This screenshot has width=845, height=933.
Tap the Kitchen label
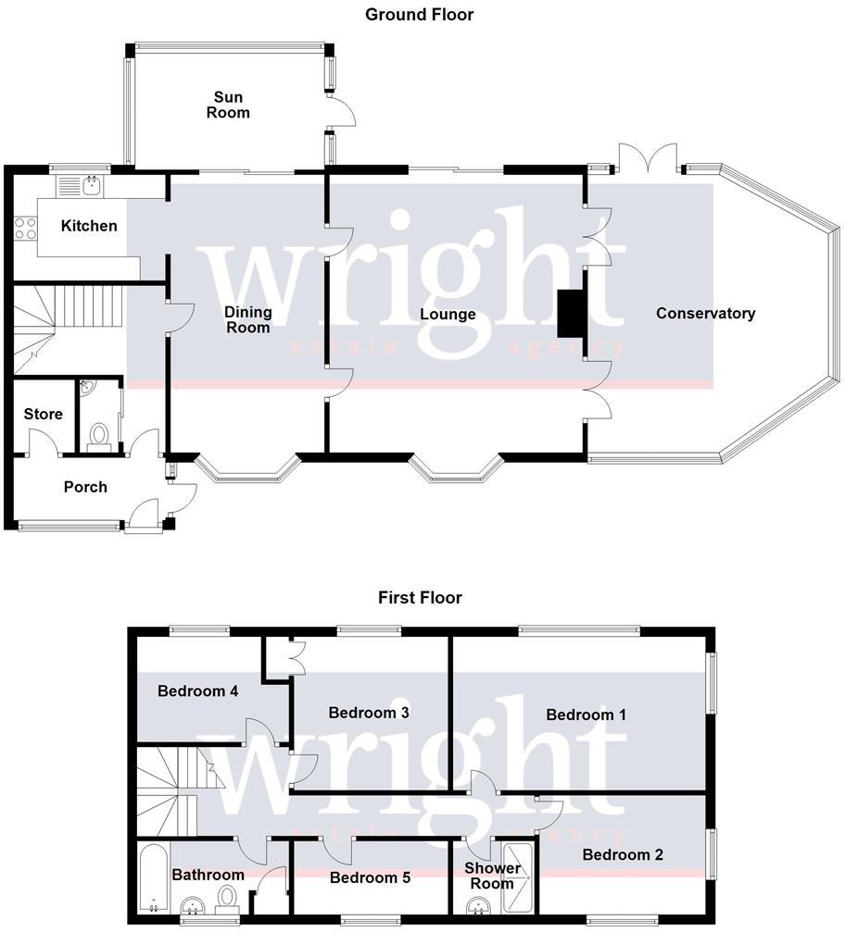(89, 226)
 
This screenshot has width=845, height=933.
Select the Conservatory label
(705, 314)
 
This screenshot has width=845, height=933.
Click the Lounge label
(448, 315)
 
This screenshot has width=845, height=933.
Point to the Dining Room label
(247, 319)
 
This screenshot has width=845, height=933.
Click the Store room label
(43, 414)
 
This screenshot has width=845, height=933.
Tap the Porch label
(85, 487)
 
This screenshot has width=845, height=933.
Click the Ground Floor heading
(420, 14)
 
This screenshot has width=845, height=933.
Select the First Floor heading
(420, 597)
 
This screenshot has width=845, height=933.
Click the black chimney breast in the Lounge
(568, 315)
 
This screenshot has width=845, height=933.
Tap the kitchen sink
(92, 186)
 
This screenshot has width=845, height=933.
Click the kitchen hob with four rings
(25, 229)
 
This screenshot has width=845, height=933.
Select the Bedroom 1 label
(586, 715)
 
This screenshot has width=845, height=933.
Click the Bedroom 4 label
(192, 690)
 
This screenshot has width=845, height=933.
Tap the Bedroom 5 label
(370, 877)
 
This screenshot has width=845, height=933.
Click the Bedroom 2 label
(623, 855)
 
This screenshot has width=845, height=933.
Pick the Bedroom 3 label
(369, 713)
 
